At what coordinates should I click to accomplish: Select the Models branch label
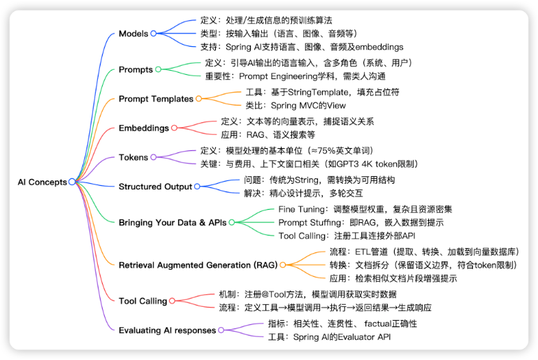pos(133,34)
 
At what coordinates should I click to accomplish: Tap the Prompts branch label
pos(136,69)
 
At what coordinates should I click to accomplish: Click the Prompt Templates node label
pos(156,99)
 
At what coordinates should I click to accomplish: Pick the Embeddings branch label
pos(144,128)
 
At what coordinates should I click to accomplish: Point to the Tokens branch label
pos(133,157)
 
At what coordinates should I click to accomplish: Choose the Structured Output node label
pos(155,187)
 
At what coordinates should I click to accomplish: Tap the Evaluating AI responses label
pos(167,330)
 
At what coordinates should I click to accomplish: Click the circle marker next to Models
pos(154,34)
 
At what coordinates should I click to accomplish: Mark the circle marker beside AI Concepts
pos(72,182)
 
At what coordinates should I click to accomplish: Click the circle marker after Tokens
pos(154,157)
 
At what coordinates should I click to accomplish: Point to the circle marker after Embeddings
pos(175,128)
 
